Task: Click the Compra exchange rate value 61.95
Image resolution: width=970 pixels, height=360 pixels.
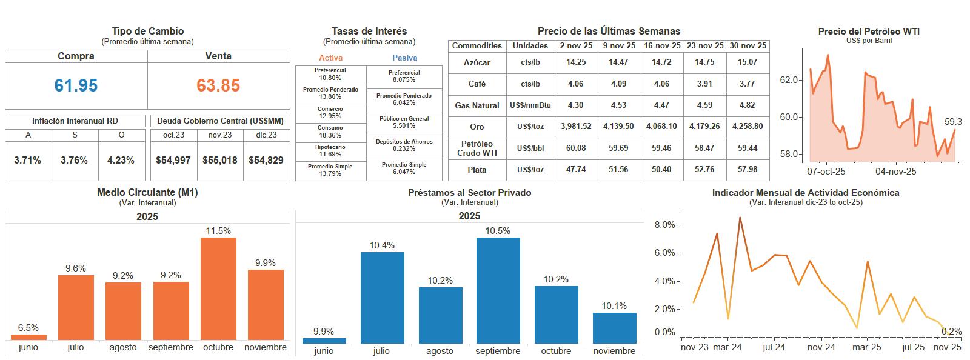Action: tap(76, 85)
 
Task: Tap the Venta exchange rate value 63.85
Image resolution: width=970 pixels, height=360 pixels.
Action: tap(218, 85)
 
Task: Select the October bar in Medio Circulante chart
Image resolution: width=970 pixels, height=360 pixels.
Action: tap(218, 288)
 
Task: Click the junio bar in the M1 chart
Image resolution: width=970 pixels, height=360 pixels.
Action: tap(28, 337)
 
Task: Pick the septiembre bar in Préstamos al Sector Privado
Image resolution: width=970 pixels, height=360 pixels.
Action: tap(498, 290)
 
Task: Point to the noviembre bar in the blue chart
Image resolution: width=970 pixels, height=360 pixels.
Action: tap(615, 328)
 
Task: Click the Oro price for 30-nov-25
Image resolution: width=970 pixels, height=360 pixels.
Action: tap(748, 126)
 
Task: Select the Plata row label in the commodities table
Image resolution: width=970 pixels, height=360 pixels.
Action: tap(477, 170)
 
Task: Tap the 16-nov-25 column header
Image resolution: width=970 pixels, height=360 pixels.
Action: tap(662, 46)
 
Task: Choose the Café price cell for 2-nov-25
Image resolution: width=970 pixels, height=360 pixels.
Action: tap(575, 84)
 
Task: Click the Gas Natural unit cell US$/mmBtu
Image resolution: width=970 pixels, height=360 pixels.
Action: tap(530, 105)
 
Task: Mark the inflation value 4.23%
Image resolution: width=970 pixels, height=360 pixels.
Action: tap(121, 161)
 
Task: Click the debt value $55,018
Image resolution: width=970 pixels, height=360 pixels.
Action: tap(220, 161)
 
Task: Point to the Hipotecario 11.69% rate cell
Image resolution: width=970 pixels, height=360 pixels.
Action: tap(330, 150)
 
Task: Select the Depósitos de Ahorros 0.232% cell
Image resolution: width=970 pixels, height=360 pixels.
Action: tap(404, 145)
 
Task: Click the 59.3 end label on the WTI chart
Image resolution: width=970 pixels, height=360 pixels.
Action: tap(953, 122)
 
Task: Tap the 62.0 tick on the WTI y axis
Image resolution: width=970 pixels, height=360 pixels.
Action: tap(789, 80)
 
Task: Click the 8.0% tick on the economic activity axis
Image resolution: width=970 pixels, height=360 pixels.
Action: tap(664, 225)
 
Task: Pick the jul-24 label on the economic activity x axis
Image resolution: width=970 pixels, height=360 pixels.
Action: tap(774, 347)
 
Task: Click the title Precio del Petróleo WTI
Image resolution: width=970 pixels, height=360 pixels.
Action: tap(869, 32)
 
